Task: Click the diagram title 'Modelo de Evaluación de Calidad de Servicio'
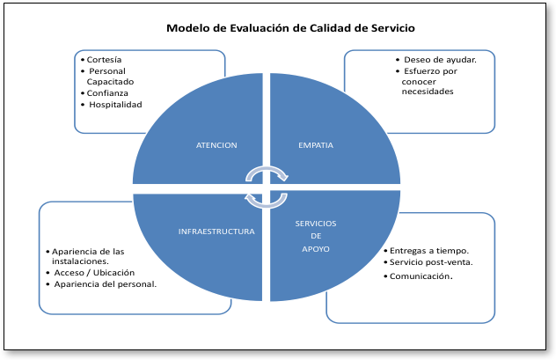point(290,28)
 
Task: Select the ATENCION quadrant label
point(216,145)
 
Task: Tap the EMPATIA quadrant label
point(316,145)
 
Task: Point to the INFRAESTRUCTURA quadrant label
point(216,231)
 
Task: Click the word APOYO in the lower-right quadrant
point(316,249)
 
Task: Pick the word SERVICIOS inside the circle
point(316,224)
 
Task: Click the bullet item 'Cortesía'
point(104,60)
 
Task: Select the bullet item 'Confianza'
point(107,93)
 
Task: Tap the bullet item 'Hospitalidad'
point(115,105)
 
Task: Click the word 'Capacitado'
point(110,82)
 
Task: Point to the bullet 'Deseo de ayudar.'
point(440,60)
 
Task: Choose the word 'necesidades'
point(428,92)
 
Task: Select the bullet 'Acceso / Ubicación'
point(94,273)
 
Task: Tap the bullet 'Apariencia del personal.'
point(106,284)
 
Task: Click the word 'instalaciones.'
point(80,261)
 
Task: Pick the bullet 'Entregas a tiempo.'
point(429,251)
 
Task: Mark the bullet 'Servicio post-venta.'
point(431,262)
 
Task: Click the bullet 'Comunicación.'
point(421,276)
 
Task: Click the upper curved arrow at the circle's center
point(267,168)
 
